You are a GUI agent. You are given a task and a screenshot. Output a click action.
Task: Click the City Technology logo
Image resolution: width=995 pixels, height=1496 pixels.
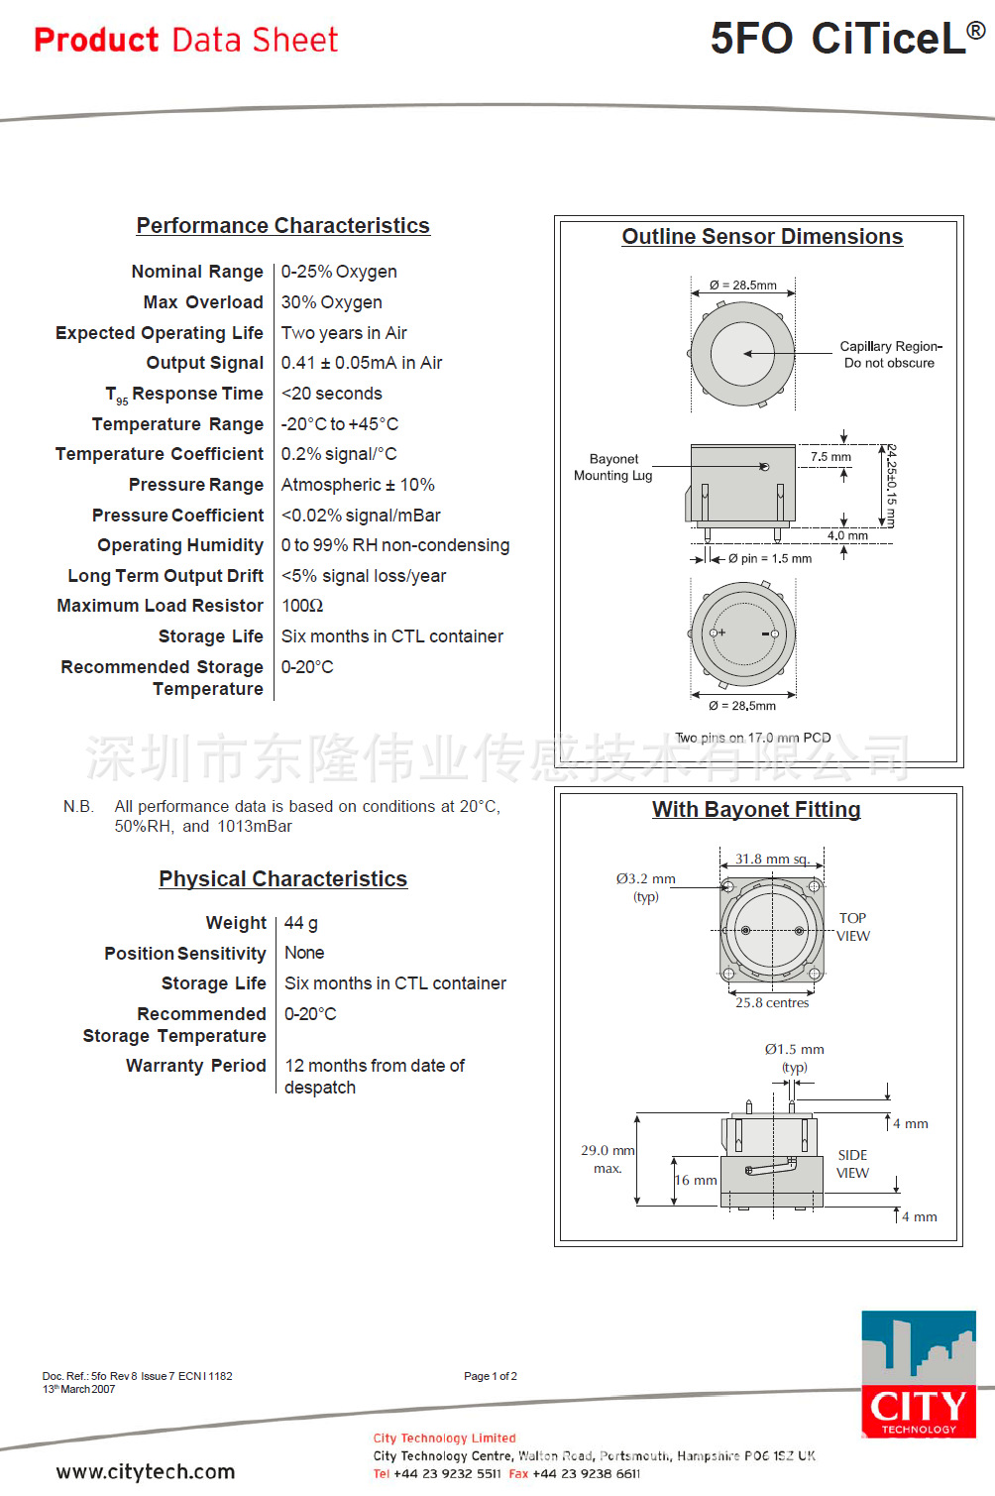[x=918, y=1374]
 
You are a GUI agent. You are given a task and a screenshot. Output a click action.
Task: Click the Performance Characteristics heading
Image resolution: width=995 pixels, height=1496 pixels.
[x=282, y=226]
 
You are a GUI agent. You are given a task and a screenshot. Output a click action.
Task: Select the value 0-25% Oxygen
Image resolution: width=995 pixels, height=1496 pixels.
[x=339, y=272]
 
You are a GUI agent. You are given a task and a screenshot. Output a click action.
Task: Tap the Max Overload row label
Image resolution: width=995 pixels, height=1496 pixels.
[x=203, y=302]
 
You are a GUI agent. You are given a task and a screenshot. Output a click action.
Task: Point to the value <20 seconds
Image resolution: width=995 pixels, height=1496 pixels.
[x=331, y=394]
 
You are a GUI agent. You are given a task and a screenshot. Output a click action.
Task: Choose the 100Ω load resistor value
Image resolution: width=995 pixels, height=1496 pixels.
[x=302, y=606]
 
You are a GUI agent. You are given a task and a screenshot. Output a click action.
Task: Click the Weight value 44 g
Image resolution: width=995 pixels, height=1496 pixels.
[x=300, y=923]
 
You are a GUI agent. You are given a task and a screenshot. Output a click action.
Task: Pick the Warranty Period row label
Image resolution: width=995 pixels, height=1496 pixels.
[x=195, y=1066]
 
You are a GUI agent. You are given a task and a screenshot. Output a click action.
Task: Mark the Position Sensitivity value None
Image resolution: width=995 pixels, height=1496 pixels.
[x=304, y=953]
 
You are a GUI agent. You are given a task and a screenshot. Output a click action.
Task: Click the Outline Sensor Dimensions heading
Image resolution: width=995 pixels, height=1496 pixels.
[x=762, y=237]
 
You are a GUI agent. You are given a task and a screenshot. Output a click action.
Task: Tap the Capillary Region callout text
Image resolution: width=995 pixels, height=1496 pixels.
[x=890, y=354]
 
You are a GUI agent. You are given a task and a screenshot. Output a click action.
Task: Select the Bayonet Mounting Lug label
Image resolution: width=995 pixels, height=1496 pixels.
[x=613, y=467]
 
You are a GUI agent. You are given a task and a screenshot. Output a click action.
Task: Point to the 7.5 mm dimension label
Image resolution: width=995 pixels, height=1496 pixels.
[x=830, y=457]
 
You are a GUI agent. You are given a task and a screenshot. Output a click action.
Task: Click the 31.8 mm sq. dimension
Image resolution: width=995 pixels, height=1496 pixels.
[x=771, y=859]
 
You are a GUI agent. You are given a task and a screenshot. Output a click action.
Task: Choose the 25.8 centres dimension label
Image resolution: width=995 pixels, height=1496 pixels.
[x=772, y=1002]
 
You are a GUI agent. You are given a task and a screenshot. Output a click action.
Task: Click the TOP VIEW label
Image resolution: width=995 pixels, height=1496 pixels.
[x=852, y=927]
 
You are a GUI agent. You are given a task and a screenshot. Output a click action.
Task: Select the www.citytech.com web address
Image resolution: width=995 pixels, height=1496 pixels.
[x=146, y=1471]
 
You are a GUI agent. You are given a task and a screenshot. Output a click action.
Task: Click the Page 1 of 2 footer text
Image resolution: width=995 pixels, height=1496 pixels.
[x=491, y=1376]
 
